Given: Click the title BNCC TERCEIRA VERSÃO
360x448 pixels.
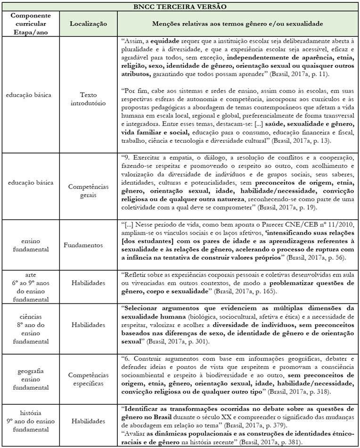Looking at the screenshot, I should pos(180,7).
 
